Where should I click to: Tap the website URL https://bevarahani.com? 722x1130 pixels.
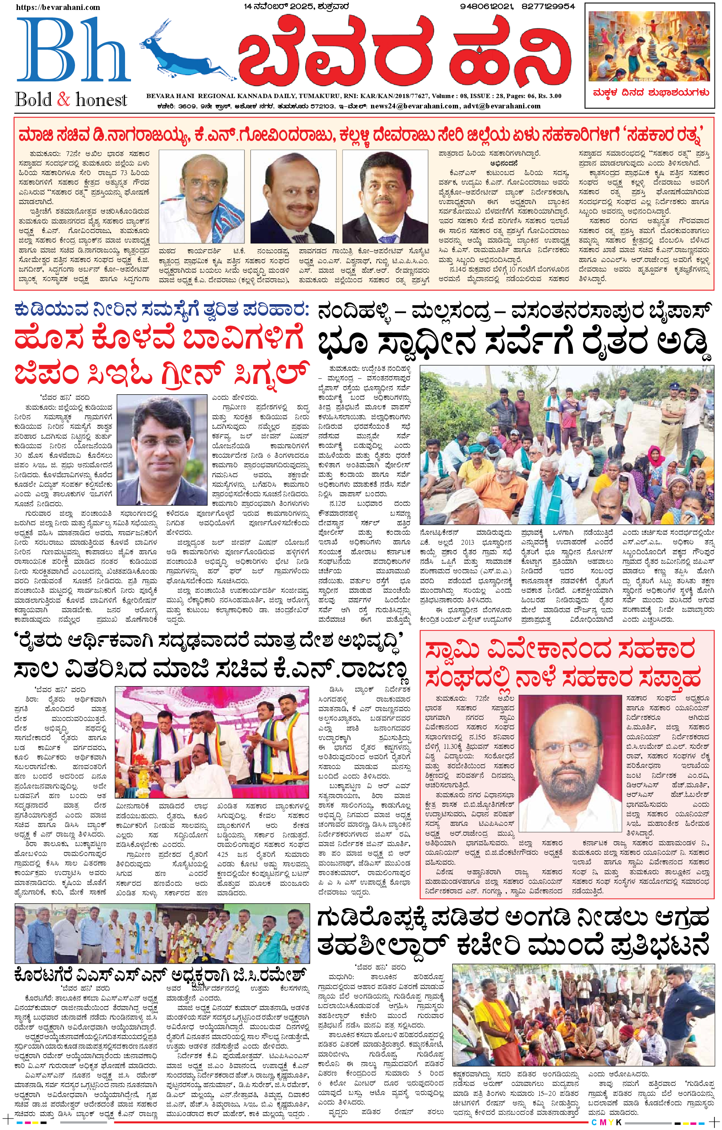[x=58, y=7]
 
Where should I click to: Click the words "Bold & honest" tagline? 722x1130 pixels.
[x=71, y=100]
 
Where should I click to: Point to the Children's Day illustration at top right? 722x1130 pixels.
[x=650, y=47]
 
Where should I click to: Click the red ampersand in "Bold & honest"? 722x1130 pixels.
[x=64, y=100]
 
